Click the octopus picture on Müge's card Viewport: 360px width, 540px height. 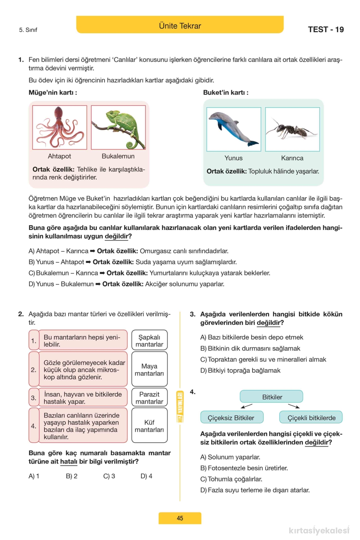coord(60,127)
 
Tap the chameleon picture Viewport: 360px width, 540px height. coord(118,127)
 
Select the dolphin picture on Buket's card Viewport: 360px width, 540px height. coord(234,129)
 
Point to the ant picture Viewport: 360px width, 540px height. coord(292,129)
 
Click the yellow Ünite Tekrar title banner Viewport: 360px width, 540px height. coord(180,25)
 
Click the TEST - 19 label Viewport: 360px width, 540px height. coord(325,30)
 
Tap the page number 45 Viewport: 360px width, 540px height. coord(180,518)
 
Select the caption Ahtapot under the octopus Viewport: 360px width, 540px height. coord(60,156)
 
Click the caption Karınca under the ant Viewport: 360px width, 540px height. coord(292,158)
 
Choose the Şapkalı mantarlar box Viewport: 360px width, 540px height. coord(150,340)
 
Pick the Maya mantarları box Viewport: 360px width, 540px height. coord(150,369)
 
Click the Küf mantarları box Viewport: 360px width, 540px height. coord(150,425)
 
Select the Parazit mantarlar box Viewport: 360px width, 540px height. coord(150,397)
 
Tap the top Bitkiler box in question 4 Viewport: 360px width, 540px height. coord(272,397)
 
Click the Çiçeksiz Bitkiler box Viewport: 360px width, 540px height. coord(232,417)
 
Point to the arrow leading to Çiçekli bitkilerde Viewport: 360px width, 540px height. coord(294,406)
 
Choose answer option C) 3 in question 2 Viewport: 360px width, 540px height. coord(109,476)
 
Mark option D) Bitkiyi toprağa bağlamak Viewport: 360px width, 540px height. coord(240,370)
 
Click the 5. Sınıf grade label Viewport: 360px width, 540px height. coord(28,30)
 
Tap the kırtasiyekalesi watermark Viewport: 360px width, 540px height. coord(318,530)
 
